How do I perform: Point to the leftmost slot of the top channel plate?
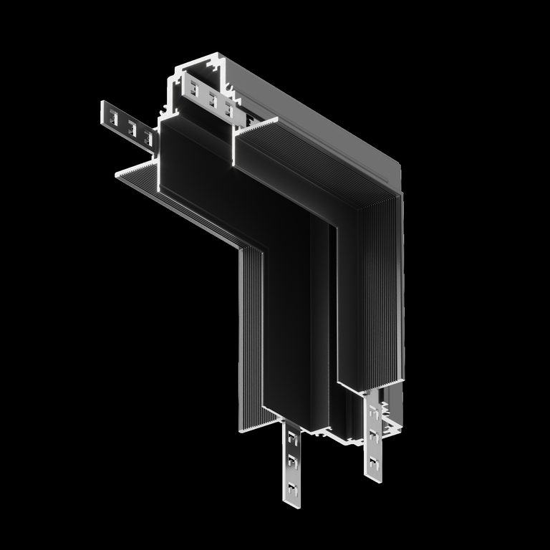195,90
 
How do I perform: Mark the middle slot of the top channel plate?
212,100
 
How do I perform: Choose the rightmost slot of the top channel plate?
229,109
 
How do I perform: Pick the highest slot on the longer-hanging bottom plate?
291,436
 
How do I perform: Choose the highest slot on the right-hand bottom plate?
375,411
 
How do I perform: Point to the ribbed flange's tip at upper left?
117,173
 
